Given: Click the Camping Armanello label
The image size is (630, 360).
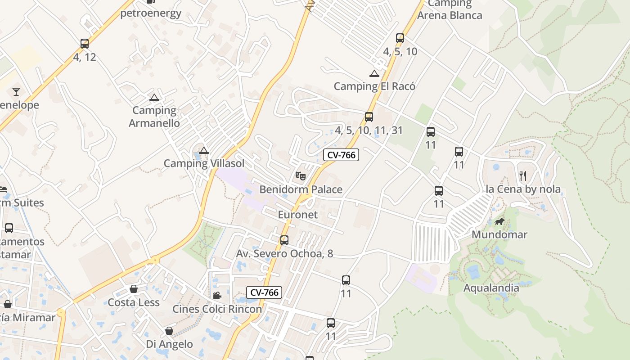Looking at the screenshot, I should pos(154,117).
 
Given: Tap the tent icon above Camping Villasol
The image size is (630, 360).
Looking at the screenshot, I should pos(204,151).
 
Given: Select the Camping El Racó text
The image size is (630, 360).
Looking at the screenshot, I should pos(374,86).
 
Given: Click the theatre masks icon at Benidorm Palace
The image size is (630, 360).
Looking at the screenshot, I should pos(301,175).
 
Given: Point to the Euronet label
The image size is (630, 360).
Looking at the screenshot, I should pos(297,215).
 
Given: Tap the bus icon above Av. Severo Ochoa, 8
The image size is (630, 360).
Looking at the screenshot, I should pos(284,240).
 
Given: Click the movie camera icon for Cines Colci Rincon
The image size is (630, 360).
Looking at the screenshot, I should pos(217,295).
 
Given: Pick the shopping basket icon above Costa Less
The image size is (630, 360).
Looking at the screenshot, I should pos(134,289).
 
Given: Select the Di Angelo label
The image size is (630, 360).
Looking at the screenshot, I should pos(169,344).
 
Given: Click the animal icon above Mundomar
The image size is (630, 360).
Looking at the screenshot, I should pos(499,221).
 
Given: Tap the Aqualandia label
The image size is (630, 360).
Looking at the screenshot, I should pos(491,288).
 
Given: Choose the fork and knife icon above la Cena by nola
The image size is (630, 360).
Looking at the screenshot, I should pos(523,175).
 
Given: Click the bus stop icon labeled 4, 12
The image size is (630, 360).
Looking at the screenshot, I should pos(85,44).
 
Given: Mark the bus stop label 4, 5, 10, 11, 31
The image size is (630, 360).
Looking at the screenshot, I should pos(369,130).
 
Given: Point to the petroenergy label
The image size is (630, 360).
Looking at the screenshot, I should pos(151,13).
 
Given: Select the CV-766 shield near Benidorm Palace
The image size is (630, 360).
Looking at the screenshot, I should pos(341,155).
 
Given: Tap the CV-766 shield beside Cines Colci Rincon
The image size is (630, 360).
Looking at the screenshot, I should pos(265,292).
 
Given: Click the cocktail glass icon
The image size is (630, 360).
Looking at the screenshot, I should pos(16,92).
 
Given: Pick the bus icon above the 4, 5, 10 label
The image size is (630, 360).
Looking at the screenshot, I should pos(400,38).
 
